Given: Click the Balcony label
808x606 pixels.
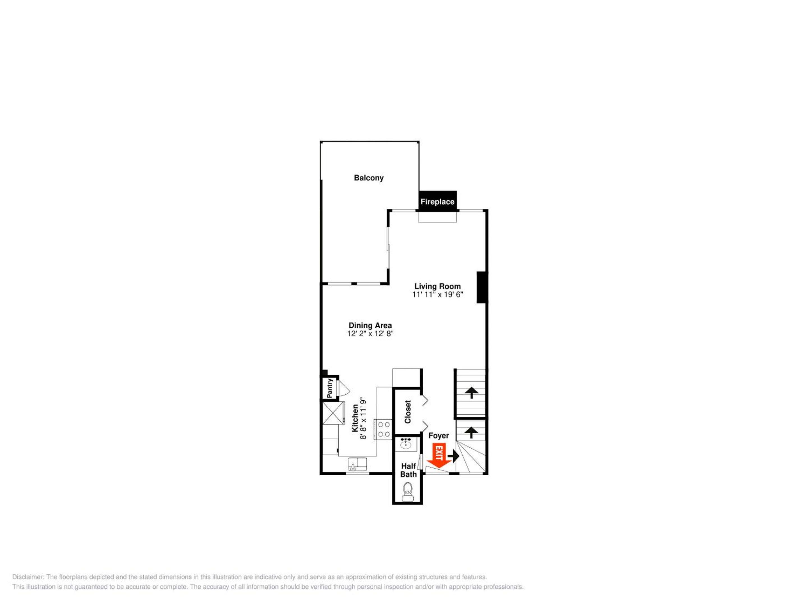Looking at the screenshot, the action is tap(369, 178).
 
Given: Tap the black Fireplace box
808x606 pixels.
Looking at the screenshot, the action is tap(438, 201).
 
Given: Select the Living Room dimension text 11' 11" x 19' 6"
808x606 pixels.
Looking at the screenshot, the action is tap(438, 294).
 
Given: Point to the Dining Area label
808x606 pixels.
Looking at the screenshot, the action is tap(370, 325).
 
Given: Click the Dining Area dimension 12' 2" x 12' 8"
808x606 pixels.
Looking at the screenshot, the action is tap(370, 334).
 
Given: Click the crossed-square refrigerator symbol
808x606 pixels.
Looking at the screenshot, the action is tap(333, 413).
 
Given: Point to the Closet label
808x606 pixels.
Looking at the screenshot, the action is tap(408, 412).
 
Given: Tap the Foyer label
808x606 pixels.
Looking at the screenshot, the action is tap(438, 435).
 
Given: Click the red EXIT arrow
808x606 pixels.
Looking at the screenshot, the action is tap(439, 456).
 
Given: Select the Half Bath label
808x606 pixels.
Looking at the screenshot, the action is tap(408, 470).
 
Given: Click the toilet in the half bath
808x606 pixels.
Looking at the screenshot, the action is tap(407, 492).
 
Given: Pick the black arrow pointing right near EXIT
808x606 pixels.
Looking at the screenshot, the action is tap(453, 456).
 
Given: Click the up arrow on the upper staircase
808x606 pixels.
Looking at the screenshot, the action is tap(472, 393).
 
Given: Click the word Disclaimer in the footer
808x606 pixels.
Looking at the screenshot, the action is tap(28, 577).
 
